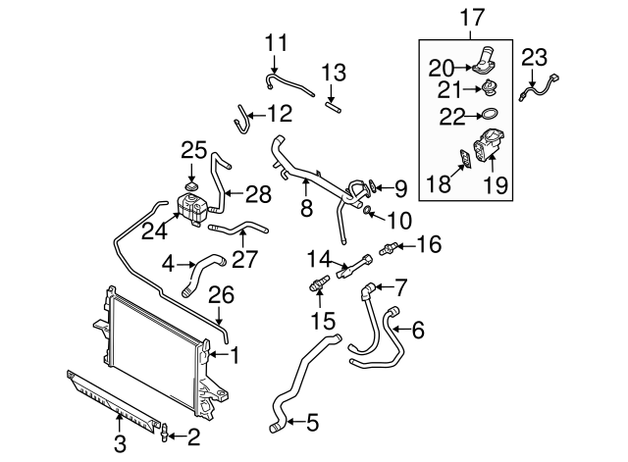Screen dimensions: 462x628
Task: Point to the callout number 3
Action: [120, 444]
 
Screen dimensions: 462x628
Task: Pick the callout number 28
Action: [258, 194]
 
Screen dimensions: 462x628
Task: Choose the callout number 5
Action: [312, 423]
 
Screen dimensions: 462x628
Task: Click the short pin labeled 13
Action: [332, 101]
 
